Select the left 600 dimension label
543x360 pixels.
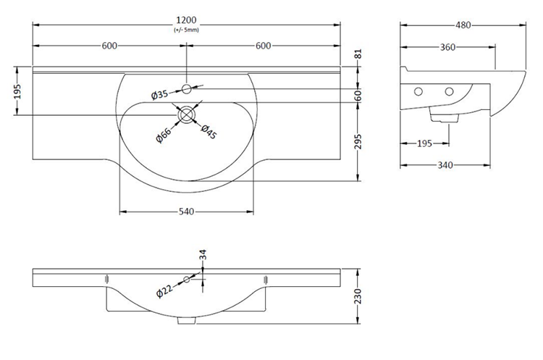point(110,46)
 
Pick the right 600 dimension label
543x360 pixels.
point(263,46)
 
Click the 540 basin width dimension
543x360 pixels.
point(186,212)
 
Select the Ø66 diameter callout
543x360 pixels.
point(164,134)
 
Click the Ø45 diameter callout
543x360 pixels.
point(209,133)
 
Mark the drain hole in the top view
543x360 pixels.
point(187,114)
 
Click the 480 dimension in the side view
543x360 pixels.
point(463,25)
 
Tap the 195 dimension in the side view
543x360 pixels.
point(426,143)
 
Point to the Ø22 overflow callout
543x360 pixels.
point(164,291)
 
